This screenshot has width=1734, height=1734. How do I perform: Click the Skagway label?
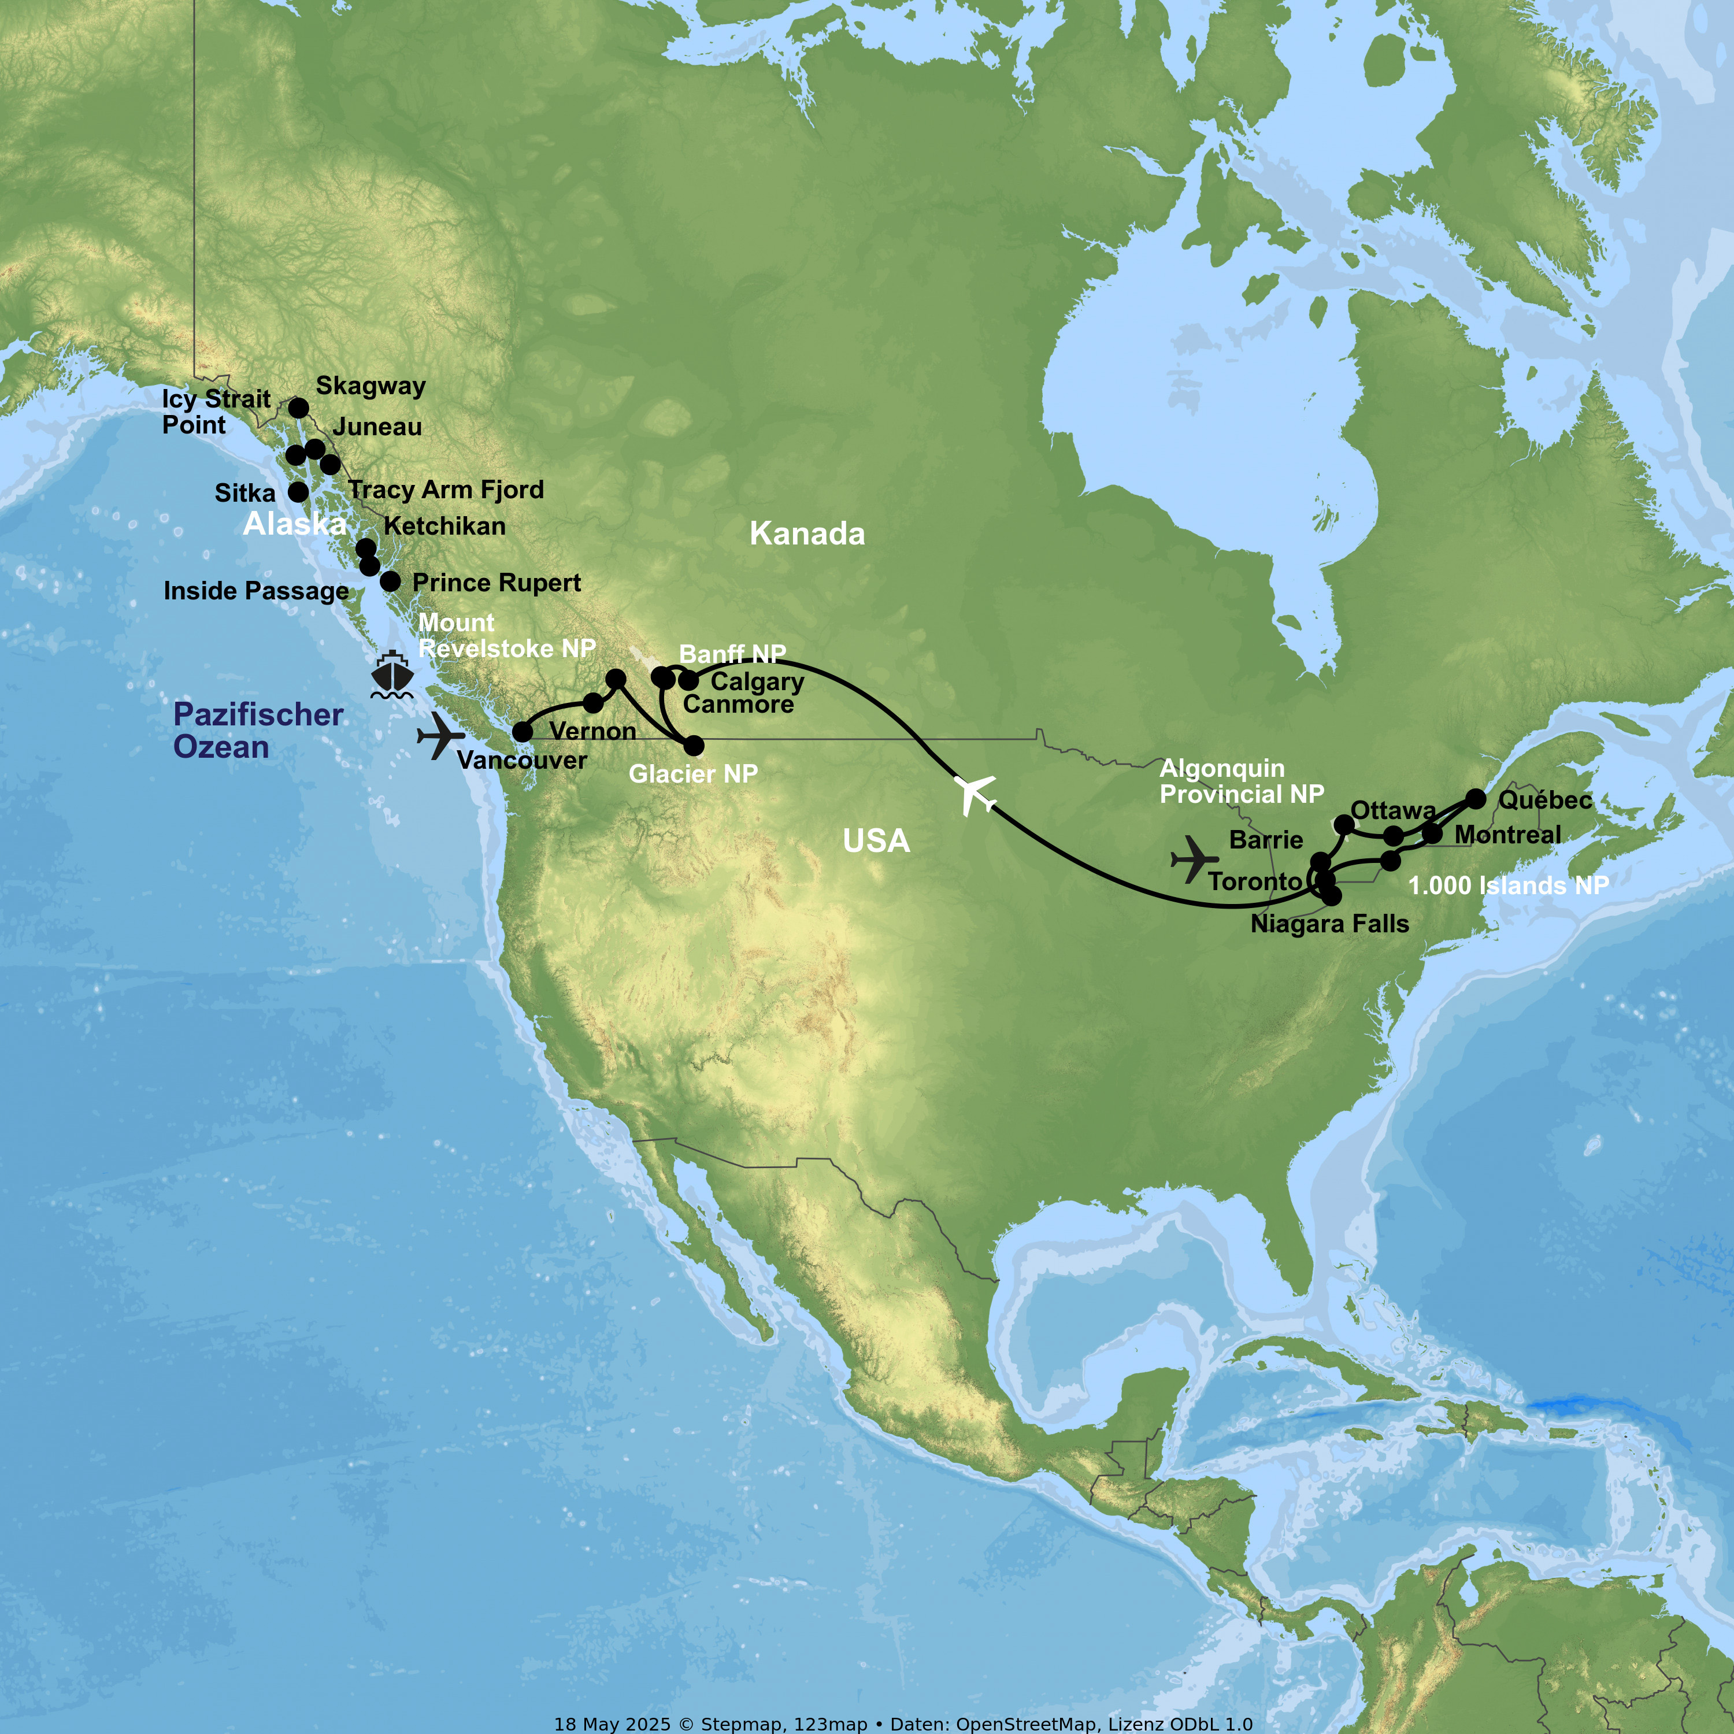[x=370, y=386]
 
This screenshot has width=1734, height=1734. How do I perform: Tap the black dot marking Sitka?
[x=298, y=492]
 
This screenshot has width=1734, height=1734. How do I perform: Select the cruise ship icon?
[x=392, y=675]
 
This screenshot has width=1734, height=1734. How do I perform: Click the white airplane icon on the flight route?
[x=974, y=794]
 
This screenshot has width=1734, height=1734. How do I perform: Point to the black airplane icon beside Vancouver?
[x=440, y=736]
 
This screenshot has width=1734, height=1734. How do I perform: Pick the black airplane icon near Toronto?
[x=1194, y=860]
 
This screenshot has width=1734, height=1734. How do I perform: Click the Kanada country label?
[x=807, y=534]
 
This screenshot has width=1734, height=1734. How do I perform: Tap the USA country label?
[x=876, y=841]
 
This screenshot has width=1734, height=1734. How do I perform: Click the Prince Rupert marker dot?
[x=390, y=581]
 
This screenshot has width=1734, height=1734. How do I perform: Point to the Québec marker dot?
[x=1476, y=798]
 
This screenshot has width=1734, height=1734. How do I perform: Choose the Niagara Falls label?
[x=1329, y=924]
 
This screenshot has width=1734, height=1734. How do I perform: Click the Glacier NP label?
[x=693, y=774]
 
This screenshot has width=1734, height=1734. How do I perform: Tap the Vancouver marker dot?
[x=523, y=732]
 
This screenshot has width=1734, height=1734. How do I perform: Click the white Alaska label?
[x=294, y=524]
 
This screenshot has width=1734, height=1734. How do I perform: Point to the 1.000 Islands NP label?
[x=1508, y=886]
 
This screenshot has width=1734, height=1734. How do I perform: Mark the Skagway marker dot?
[x=299, y=409]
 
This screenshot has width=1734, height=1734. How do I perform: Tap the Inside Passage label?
[x=256, y=591]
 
